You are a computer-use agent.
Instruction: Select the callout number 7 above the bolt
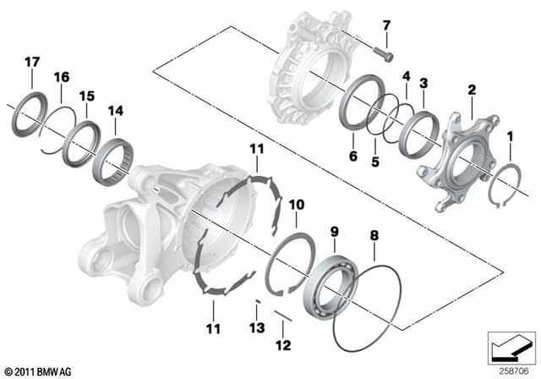[x=386, y=24]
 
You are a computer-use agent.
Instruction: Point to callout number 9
[x=334, y=229]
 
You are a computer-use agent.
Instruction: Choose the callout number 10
[x=297, y=205]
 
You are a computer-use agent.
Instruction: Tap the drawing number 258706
[x=513, y=369]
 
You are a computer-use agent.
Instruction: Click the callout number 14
[x=115, y=109]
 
